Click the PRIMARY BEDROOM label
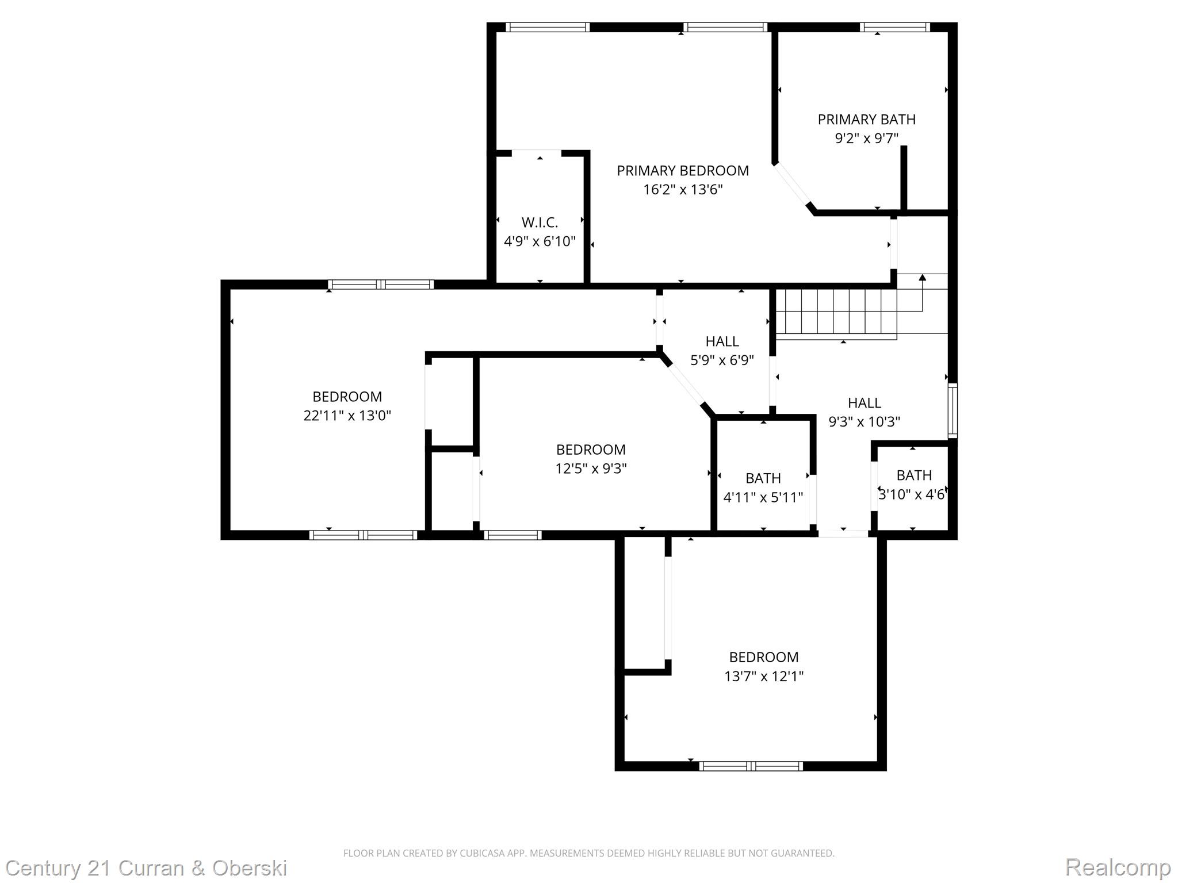point(683,171)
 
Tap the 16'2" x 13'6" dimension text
point(683,190)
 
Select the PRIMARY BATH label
point(866,120)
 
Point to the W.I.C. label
point(540,222)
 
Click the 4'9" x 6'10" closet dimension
point(540,241)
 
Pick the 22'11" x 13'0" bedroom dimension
point(347,416)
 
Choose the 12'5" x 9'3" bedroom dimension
point(591,469)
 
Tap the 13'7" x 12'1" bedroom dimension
point(763,676)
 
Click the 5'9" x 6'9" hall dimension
point(722,360)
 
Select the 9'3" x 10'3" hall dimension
point(864,422)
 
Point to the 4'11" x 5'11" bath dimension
point(763,497)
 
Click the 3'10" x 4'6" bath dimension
point(912,494)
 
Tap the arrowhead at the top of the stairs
point(923,278)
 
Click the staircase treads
point(836,314)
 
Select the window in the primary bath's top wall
point(895,27)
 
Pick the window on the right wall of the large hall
point(953,410)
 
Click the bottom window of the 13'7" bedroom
point(751,766)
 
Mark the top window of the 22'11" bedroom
point(381,284)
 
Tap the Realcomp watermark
point(1118,867)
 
